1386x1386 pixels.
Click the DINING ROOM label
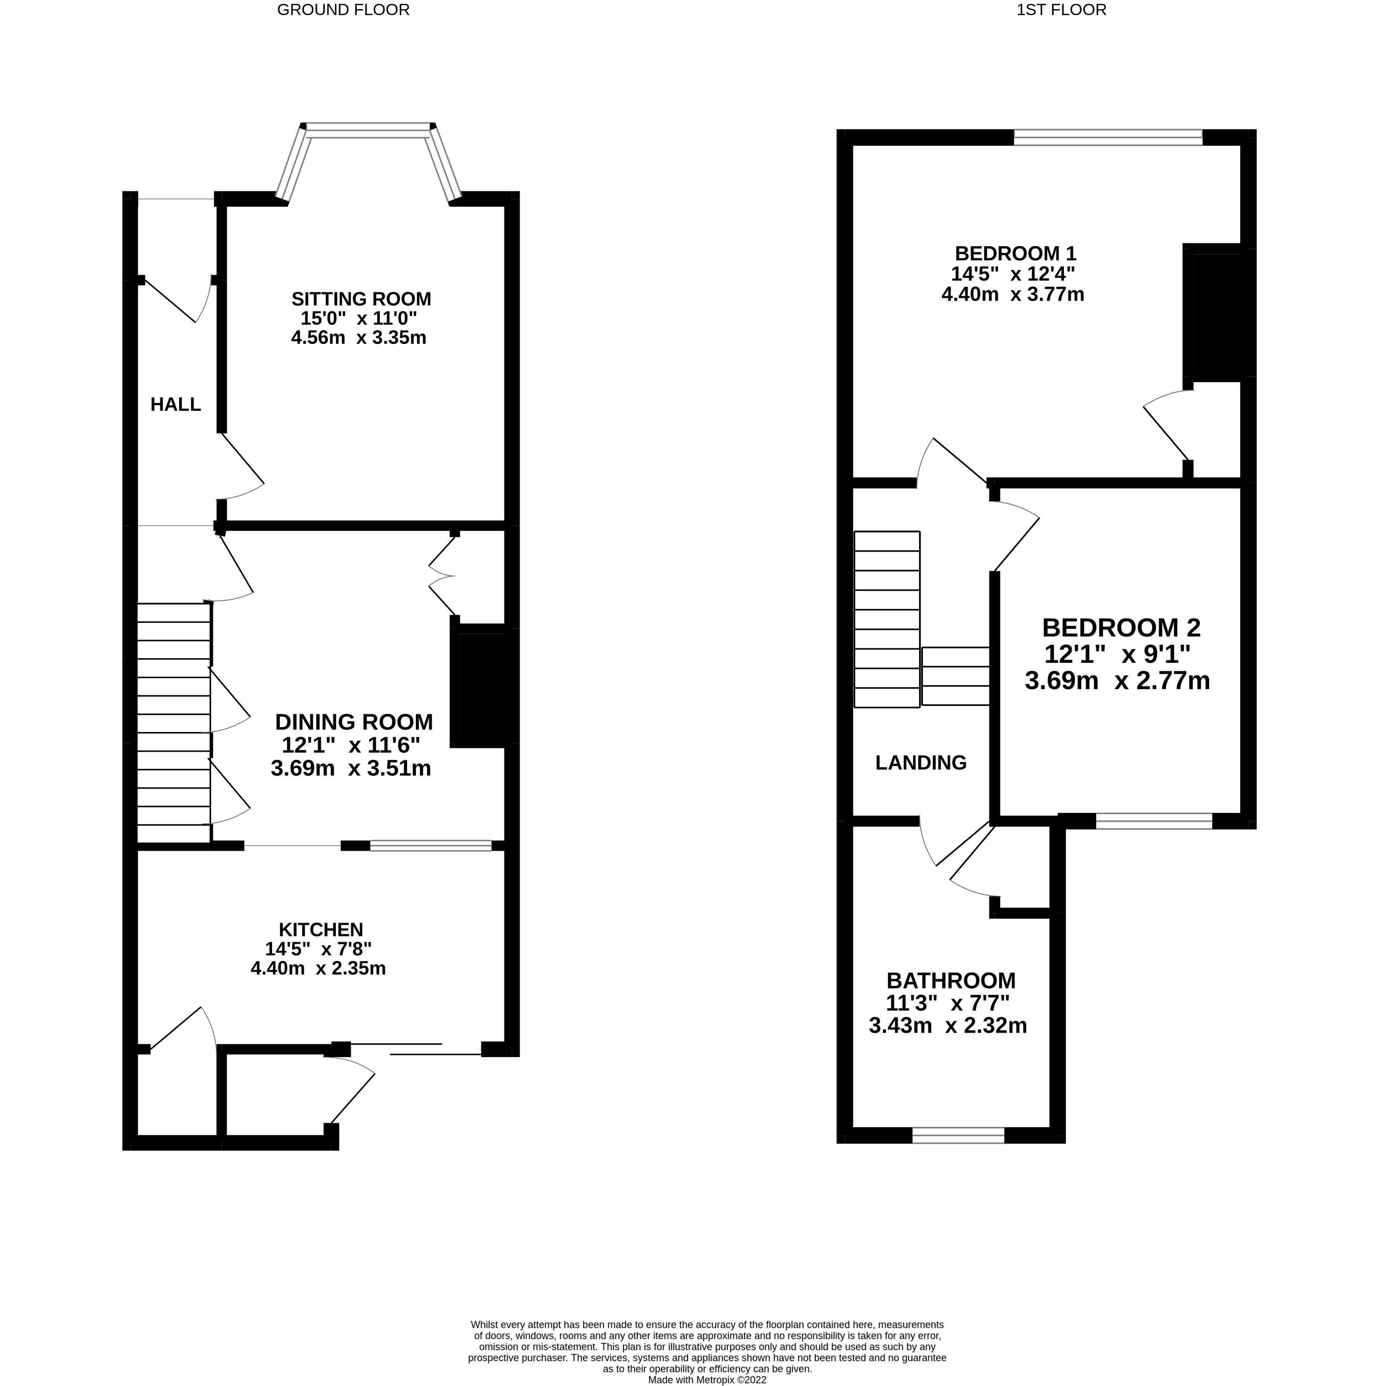click(354, 722)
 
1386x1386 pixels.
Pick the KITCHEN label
click(321, 930)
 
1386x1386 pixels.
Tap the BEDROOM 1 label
click(1015, 253)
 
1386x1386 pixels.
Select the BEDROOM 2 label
click(1121, 628)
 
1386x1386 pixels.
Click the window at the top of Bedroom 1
click(1107, 137)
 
